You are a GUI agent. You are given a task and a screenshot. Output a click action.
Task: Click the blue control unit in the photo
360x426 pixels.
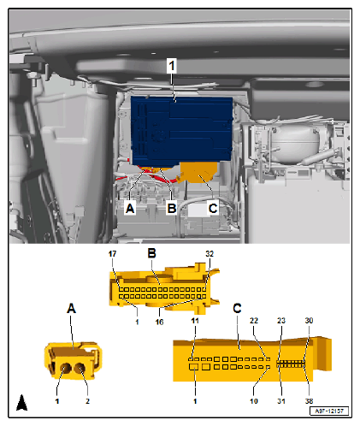click(x=180, y=128)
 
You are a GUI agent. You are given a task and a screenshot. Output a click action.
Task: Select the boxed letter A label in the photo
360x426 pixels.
click(x=131, y=208)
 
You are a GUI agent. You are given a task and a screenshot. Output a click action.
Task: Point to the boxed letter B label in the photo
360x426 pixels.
click(x=173, y=208)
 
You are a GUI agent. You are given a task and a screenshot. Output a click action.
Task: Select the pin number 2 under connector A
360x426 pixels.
click(x=87, y=399)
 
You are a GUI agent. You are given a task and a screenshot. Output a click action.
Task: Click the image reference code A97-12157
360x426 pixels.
click(x=329, y=412)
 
